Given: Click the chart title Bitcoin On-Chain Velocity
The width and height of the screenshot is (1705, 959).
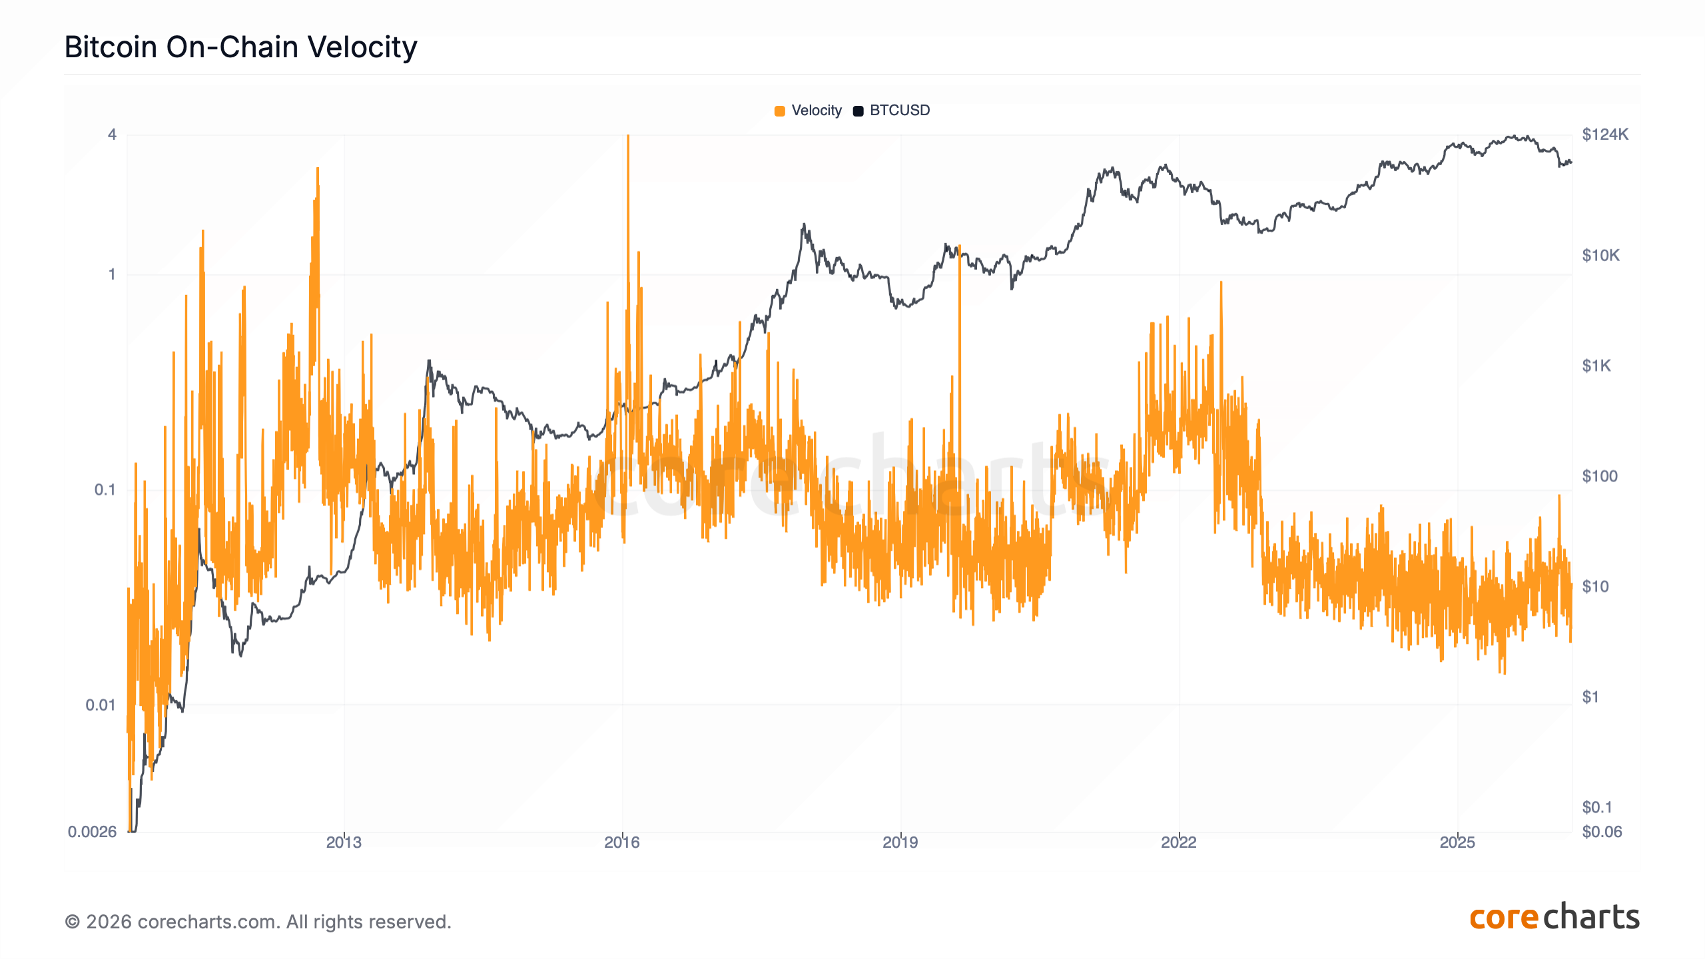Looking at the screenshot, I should click(x=240, y=47).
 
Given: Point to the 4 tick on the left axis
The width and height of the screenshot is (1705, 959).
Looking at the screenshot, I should click(x=112, y=135).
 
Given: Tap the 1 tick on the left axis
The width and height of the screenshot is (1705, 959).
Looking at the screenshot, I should click(x=112, y=274).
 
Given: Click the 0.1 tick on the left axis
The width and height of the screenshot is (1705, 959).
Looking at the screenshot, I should click(x=105, y=489).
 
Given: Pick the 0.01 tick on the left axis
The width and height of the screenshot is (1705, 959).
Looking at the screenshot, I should click(x=101, y=705).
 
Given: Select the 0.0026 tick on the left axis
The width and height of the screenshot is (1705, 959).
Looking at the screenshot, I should click(x=93, y=831).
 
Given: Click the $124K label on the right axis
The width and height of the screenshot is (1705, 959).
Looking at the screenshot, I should click(x=1605, y=135).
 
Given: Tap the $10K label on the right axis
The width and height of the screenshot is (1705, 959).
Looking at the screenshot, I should click(x=1600, y=255).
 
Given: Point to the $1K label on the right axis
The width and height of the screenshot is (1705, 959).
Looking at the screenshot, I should click(x=1596, y=366).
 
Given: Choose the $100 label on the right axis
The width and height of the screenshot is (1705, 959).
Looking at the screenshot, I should click(x=1600, y=476).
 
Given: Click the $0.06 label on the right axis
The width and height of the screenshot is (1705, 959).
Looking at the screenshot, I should click(x=1602, y=831).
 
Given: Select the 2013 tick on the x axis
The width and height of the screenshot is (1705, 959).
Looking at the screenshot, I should click(x=344, y=842).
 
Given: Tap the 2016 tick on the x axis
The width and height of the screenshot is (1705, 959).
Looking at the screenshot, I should click(x=622, y=842).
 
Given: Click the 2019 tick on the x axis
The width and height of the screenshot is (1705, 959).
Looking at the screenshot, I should click(x=900, y=842).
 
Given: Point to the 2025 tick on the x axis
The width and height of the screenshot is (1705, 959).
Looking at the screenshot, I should click(x=1457, y=842).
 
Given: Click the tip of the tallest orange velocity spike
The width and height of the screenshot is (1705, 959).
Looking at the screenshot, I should click(x=627, y=137).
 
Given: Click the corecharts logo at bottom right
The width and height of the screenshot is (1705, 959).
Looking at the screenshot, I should click(x=1554, y=918).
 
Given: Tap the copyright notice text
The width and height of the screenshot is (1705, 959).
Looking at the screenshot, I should click(x=258, y=922).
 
